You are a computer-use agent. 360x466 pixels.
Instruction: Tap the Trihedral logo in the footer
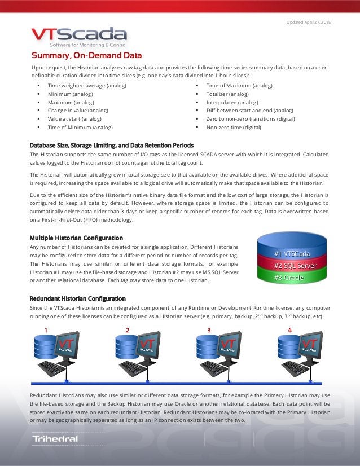(55, 438)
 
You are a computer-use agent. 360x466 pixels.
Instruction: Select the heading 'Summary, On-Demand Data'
(86, 55)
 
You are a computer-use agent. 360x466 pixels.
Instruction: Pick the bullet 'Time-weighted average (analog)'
(87, 86)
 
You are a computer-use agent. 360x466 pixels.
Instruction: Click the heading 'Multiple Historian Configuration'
(76, 238)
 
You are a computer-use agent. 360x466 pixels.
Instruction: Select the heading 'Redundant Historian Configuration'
(77, 298)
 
